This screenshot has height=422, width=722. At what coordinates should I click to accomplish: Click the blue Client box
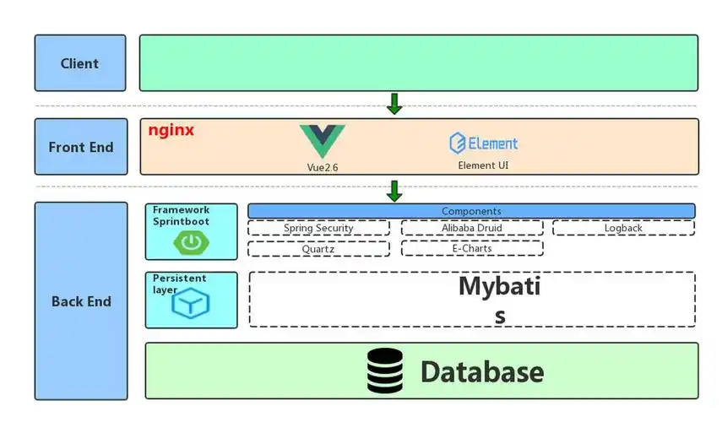pyautogui.click(x=80, y=63)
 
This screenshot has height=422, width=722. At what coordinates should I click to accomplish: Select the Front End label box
pyautogui.click(x=80, y=147)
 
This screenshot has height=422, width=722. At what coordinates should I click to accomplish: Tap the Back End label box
pyautogui.click(x=80, y=301)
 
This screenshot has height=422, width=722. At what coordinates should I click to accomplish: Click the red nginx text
pyautogui.click(x=171, y=131)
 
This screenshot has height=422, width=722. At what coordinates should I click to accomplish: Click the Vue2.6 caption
pyautogui.click(x=323, y=167)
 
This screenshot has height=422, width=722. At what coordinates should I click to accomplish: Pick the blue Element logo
pyautogui.click(x=484, y=143)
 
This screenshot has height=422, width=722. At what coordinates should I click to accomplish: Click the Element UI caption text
pyautogui.click(x=484, y=165)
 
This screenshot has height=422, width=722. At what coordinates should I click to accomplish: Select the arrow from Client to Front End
pyautogui.click(x=394, y=104)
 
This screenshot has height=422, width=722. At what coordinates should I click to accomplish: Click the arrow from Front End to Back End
pyautogui.click(x=394, y=191)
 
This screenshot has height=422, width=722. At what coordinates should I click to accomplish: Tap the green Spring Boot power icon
pyautogui.click(x=190, y=242)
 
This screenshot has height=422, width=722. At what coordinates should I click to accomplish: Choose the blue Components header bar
pyautogui.click(x=471, y=210)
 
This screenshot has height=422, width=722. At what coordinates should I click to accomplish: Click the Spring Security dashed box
pyautogui.click(x=318, y=228)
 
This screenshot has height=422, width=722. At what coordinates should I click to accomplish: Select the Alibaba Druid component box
pyautogui.click(x=472, y=228)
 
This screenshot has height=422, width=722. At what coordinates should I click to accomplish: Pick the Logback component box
pyautogui.click(x=623, y=228)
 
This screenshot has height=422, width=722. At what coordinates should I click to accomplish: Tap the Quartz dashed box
pyautogui.click(x=318, y=249)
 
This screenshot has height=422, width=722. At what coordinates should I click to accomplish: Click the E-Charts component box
pyautogui.click(x=472, y=249)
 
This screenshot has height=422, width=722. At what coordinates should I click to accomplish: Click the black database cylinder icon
pyautogui.click(x=385, y=371)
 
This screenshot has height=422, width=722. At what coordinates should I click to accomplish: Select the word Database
pyautogui.click(x=482, y=371)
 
